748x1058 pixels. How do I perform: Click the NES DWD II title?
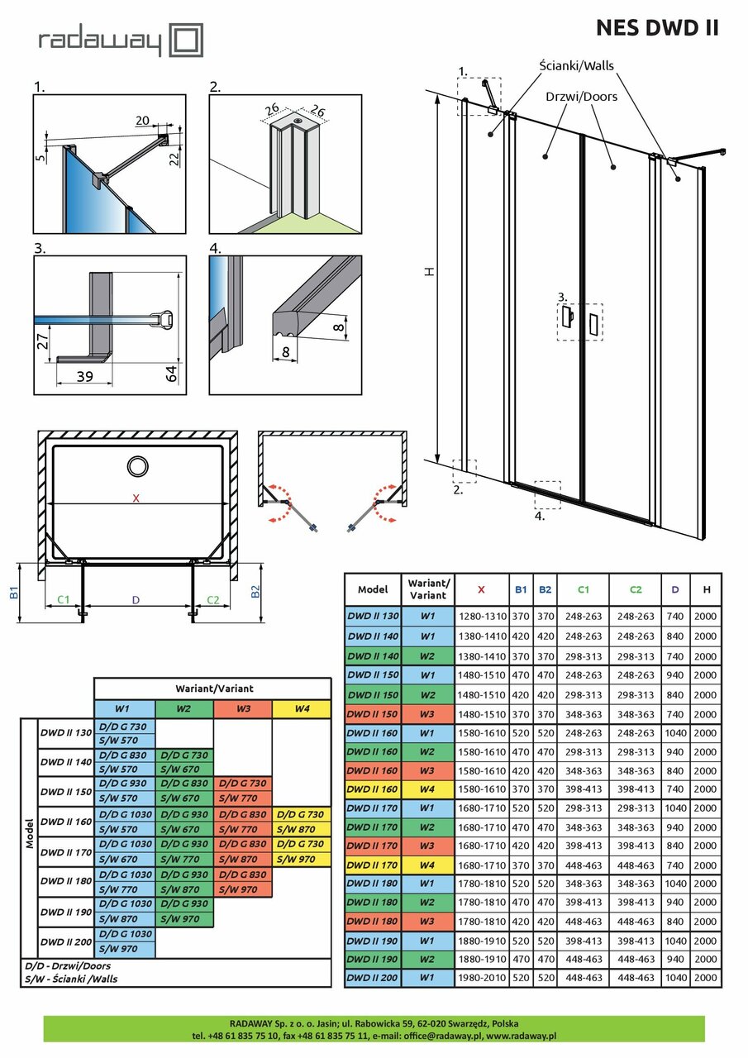pos(657,28)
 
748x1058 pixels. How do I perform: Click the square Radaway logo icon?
pos(186,41)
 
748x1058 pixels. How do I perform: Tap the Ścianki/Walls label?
pos(576,65)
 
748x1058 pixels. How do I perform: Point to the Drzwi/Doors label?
pos(581,97)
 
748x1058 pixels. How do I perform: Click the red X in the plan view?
pos(136,498)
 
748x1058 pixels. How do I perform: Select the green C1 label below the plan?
pos(63,599)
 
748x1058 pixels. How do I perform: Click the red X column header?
pos(481,589)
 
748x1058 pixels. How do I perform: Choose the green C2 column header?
pos(635,589)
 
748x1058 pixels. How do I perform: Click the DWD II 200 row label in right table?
pos(373,978)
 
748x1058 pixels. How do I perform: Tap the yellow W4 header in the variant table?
pos(302,709)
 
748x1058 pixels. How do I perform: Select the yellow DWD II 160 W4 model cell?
pos(373,789)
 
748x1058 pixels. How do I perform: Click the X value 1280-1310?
pos(481,616)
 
